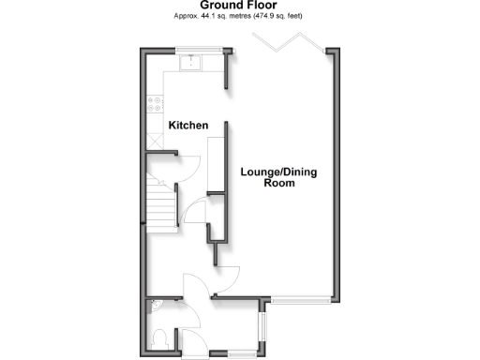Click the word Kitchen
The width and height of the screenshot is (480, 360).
click(x=187, y=125)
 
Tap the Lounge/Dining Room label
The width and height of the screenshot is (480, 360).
click(x=279, y=178)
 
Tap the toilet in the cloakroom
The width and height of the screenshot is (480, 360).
click(x=159, y=337)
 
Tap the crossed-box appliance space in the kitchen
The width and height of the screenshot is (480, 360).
click(x=156, y=140)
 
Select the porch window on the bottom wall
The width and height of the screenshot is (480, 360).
click(x=239, y=353)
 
